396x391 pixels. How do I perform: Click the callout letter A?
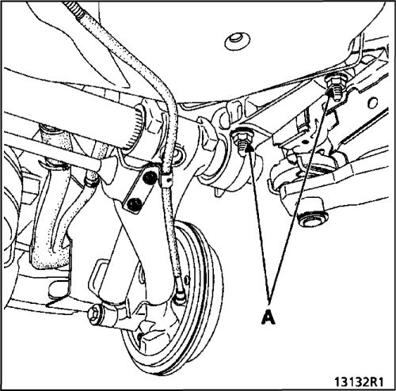click(x=268, y=317)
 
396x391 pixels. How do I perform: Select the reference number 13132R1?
click(x=359, y=382)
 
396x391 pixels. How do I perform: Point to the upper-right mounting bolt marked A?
click(x=335, y=87)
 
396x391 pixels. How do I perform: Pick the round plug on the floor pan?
click(x=238, y=41)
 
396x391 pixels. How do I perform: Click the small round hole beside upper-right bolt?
click(x=372, y=103)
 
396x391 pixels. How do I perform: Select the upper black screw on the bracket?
click(x=150, y=177)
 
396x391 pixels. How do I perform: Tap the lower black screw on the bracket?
click(x=134, y=203)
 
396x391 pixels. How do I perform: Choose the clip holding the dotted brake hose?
click(x=166, y=179)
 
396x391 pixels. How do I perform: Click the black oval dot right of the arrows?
click(x=305, y=142)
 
